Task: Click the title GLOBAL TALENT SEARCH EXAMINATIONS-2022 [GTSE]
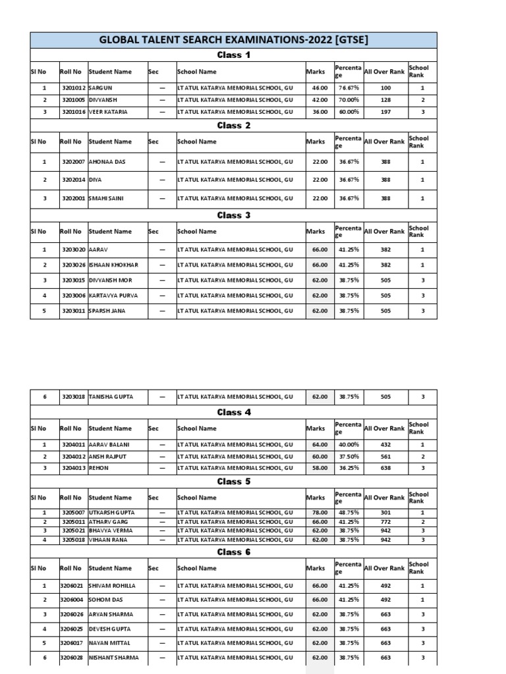(233, 40)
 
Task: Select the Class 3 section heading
(234, 215)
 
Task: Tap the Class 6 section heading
(234, 552)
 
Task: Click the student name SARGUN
(101, 88)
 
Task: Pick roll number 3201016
(73, 113)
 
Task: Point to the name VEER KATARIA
(109, 113)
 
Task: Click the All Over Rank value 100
(385, 88)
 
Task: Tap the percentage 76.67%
(349, 88)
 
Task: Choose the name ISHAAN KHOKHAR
(113, 265)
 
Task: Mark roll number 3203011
(73, 311)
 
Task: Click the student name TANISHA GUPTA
(111, 397)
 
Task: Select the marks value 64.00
(320, 446)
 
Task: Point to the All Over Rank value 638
(385, 468)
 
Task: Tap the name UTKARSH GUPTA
(112, 512)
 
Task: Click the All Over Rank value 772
(385, 521)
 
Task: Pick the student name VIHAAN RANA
(107, 540)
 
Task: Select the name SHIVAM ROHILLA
(112, 586)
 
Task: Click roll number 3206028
(72, 658)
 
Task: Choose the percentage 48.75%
(349, 512)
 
